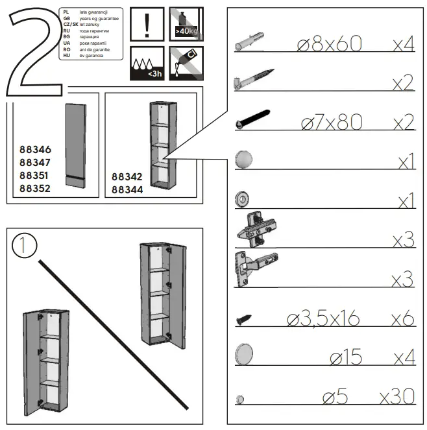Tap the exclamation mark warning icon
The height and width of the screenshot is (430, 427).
tap(147, 24)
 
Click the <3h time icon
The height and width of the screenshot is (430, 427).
tap(147, 64)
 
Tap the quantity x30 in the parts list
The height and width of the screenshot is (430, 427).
tap(396, 398)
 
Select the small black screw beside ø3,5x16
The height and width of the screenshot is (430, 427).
tap(243, 319)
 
